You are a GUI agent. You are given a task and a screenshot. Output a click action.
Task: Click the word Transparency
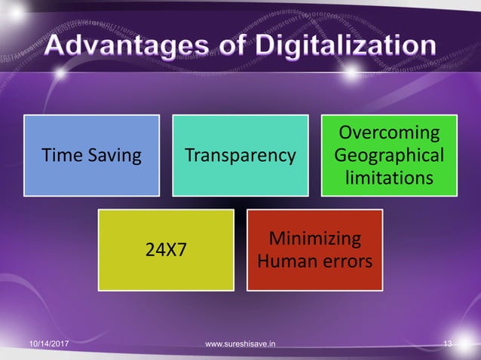tap(240, 156)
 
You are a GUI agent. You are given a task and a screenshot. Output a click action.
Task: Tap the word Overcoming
tap(389, 133)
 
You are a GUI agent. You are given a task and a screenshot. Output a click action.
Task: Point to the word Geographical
tap(389, 156)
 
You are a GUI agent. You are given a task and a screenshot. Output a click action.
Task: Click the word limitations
tap(389, 178)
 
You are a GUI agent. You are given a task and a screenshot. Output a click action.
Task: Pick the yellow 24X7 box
tap(166, 250)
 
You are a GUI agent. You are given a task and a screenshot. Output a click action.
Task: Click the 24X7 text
tap(166, 251)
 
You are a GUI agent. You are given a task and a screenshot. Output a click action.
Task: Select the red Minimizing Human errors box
tap(315, 250)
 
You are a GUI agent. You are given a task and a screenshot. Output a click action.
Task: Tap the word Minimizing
tap(315, 239)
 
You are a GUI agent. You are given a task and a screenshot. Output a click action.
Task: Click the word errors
tap(343, 262)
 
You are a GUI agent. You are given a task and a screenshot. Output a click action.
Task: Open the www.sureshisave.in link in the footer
tap(240, 344)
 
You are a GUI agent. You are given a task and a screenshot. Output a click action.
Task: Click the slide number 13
tap(448, 344)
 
